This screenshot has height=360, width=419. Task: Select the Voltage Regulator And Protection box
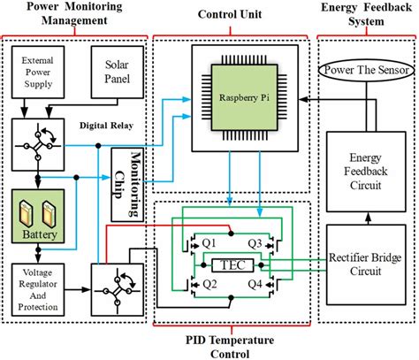tap(35, 290)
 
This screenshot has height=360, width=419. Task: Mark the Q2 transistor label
tap(210, 285)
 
